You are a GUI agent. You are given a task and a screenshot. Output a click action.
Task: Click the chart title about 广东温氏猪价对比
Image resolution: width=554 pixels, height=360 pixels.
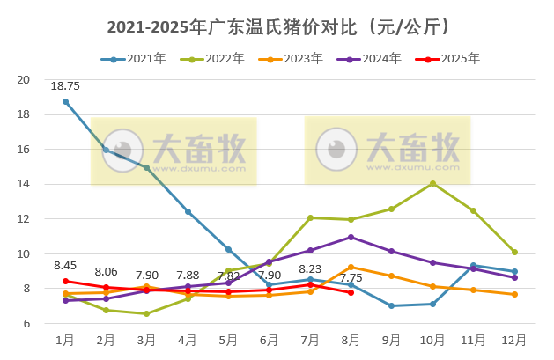click(277, 26)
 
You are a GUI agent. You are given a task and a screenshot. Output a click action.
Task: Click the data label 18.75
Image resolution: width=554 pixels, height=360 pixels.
click(65, 86)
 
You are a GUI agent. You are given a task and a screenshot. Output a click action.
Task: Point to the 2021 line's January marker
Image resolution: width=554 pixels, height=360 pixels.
click(66, 101)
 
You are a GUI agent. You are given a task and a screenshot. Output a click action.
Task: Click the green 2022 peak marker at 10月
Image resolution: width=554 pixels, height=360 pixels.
click(432, 183)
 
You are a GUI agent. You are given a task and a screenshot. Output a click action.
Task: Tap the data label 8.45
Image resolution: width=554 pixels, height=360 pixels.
click(65, 265)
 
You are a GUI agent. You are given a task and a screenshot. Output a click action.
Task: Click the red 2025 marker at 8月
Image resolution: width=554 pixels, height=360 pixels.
click(351, 292)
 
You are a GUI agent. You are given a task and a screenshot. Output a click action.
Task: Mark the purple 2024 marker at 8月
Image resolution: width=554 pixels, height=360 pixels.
click(351, 237)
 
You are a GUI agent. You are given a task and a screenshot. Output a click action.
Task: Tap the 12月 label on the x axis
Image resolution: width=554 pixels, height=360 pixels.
click(514, 340)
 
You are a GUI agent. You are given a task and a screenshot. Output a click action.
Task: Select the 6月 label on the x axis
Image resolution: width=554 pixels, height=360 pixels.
click(270, 340)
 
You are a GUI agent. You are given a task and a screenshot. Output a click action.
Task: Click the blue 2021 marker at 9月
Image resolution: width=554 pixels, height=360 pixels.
click(392, 305)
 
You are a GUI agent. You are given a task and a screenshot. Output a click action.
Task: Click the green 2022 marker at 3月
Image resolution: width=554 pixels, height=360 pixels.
click(147, 313)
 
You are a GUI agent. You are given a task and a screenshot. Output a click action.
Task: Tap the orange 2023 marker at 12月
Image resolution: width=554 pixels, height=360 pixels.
click(514, 294)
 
